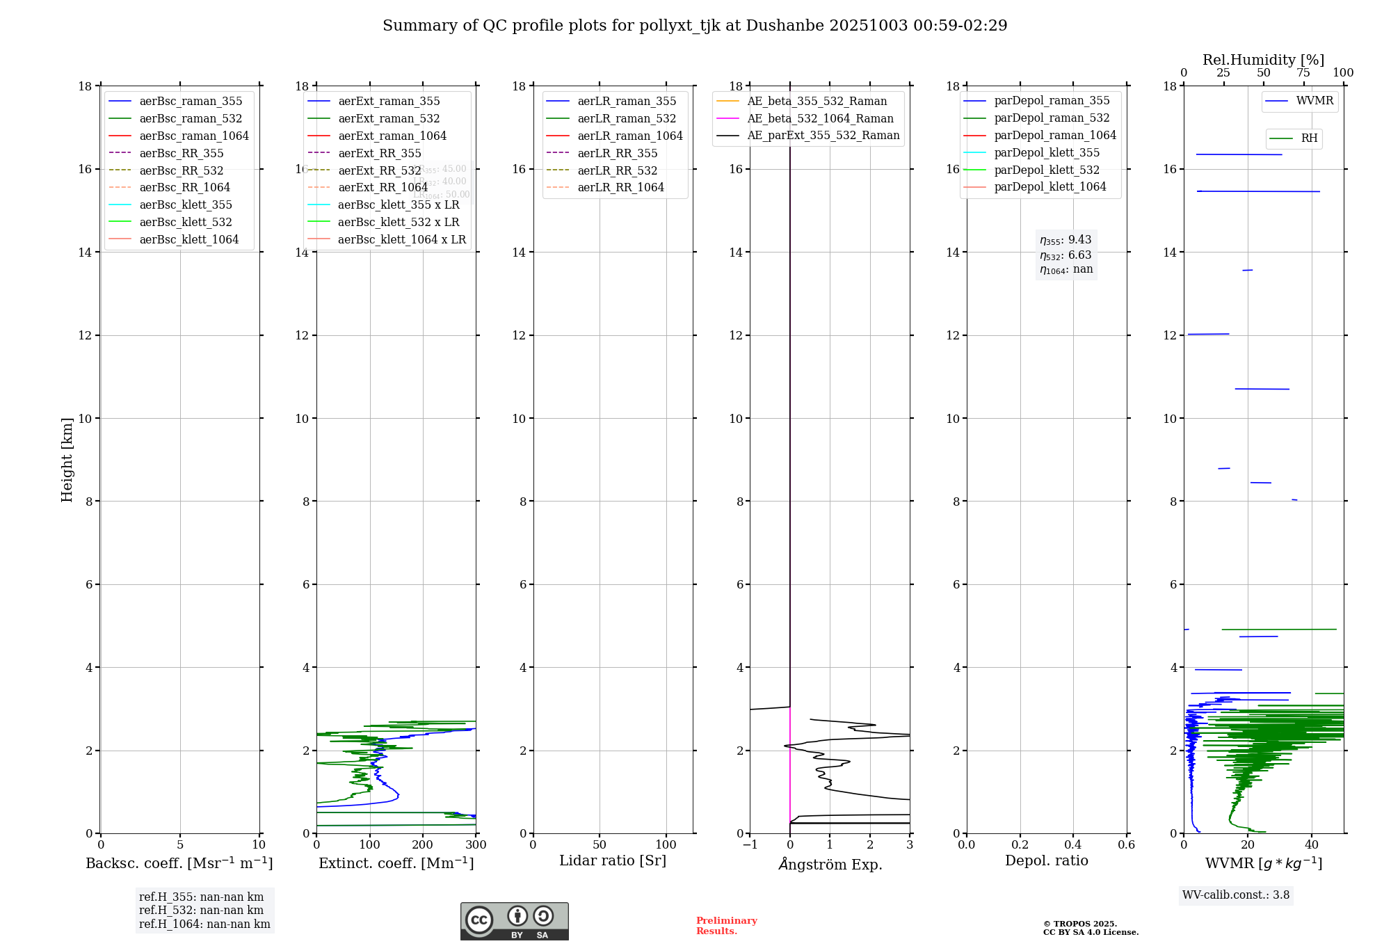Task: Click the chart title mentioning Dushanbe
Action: coord(695,26)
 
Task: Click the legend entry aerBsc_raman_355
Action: coord(191,102)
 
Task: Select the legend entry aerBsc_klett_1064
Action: coord(188,239)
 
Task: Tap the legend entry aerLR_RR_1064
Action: coord(620,187)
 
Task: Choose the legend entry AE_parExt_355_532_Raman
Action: coord(823,136)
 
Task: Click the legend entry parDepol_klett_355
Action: coord(1047,152)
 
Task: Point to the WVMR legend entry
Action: coord(1314,101)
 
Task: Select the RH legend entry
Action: coord(1309,138)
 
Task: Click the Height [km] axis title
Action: coord(67,460)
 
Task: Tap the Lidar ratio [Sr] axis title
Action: coord(613,861)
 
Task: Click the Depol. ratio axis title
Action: coord(1047,861)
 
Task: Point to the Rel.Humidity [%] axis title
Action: coord(1263,60)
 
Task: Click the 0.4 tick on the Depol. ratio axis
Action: coord(1073,845)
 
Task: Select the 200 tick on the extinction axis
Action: coord(423,845)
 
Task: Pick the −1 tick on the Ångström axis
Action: coord(750,845)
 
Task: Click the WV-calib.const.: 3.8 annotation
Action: coord(1236,895)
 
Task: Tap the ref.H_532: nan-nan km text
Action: coord(201,911)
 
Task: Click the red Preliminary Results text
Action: coord(726,926)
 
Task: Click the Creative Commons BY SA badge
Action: coord(514,922)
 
